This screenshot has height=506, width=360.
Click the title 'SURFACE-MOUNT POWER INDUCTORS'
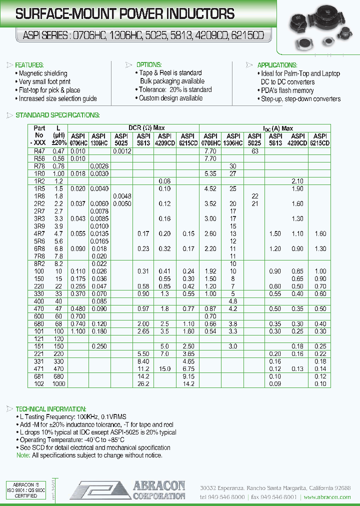coord(125,14)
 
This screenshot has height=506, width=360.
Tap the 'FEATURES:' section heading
coord(29,65)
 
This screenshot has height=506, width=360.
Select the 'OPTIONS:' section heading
coord(148,65)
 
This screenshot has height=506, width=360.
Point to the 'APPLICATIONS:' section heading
coord(277,65)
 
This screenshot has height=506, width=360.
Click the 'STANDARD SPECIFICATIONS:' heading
coord(58,115)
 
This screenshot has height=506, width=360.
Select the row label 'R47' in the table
coord(39,151)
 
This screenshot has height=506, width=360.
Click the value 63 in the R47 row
coord(255,151)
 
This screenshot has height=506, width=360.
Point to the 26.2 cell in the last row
coord(143,384)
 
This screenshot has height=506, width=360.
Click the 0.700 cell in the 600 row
coord(78,316)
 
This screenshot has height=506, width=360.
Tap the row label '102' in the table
coord(39,384)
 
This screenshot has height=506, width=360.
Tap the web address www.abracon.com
coord(327,497)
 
